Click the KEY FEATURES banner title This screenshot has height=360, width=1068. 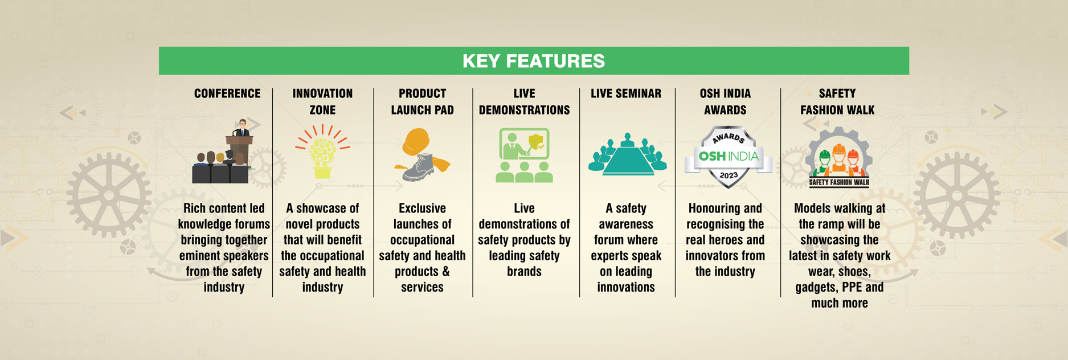534,61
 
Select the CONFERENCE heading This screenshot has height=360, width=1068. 227,93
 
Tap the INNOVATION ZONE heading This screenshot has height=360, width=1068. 322,101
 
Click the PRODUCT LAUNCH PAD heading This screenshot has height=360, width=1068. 422,101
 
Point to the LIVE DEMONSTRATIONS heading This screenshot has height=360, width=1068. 524,101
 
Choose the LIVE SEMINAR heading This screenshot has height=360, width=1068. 626,93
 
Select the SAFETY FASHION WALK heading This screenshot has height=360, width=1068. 837,101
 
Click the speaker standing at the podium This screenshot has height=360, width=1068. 243,128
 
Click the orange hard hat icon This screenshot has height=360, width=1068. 416,142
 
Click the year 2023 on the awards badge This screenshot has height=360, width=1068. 729,175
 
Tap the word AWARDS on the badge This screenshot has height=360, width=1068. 729,137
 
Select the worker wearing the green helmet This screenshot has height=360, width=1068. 824,163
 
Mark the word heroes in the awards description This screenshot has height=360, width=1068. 725,240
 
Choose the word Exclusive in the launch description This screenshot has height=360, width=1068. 422,208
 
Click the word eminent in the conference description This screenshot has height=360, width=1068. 199,256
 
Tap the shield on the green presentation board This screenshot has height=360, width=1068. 535,141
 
